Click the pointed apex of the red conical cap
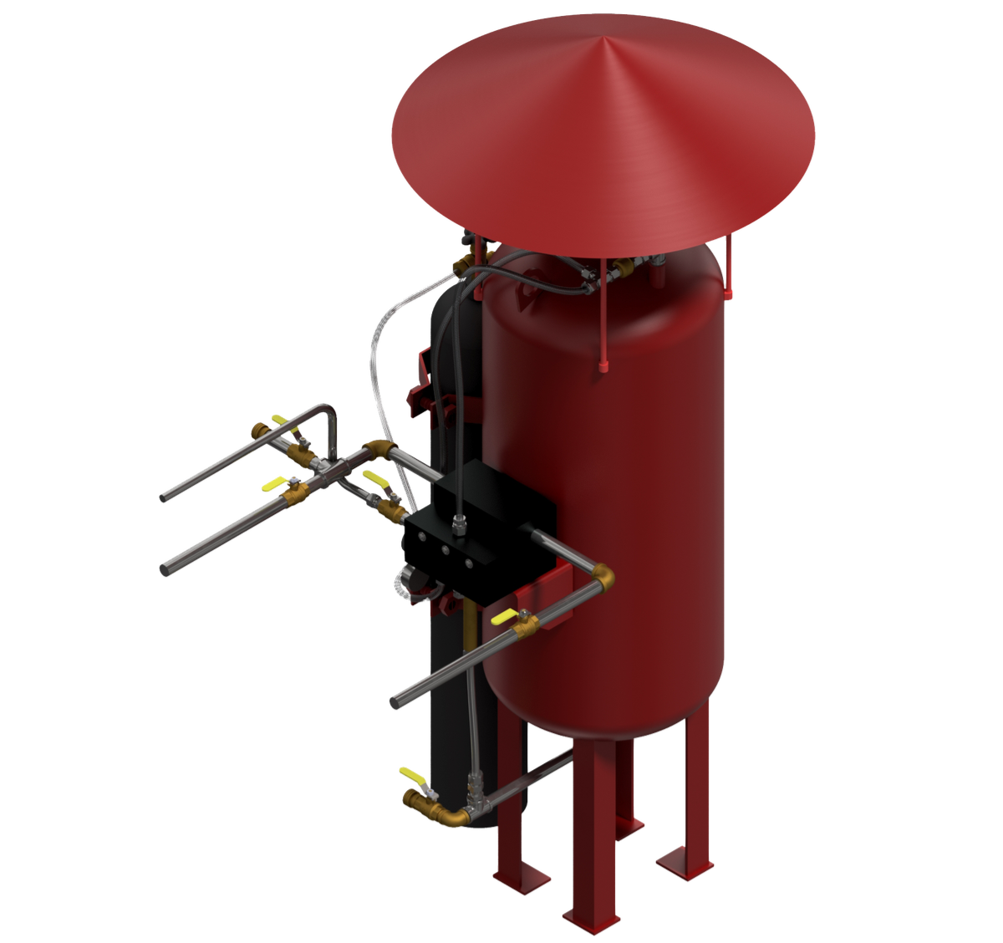pyautogui.click(x=604, y=37)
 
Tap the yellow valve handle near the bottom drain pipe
pyautogui.click(x=410, y=774)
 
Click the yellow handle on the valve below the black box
pyautogui.click(x=504, y=618)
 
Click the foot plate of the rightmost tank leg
pyautogui.click(x=684, y=859)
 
